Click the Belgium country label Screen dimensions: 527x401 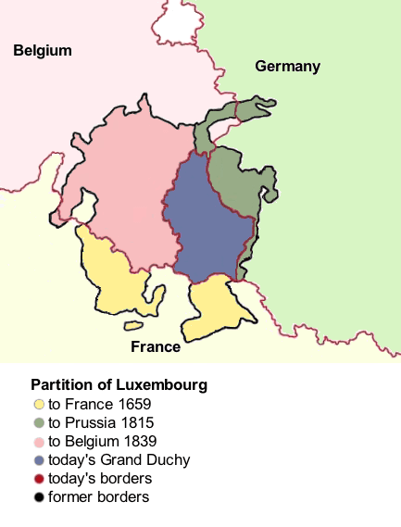(x=43, y=51)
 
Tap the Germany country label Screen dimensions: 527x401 (x=287, y=66)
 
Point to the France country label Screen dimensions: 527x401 (x=155, y=347)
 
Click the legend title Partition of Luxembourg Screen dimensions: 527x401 (x=119, y=384)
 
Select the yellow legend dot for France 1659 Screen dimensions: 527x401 (x=38, y=404)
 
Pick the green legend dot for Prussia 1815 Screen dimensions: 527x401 (x=38, y=422)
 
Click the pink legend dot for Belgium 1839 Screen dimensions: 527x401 (x=38, y=441)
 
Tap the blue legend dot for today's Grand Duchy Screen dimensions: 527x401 (x=38, y=460)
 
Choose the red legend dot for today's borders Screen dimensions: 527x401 (x=38, y=479)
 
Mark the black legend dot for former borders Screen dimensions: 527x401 (x=38, y=497)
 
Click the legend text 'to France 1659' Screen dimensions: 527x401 (x=99, y=404)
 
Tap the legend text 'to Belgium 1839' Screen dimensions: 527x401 (x=102, y=441)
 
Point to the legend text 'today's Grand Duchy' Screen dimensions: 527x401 (x=119, y=460)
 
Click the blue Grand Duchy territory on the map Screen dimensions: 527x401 (x=208, y=227)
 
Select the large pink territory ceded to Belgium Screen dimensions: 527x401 (x=130, y=185)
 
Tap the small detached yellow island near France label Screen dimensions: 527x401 (x=134, y=325)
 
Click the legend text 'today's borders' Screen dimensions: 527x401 (x=100, y=479)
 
